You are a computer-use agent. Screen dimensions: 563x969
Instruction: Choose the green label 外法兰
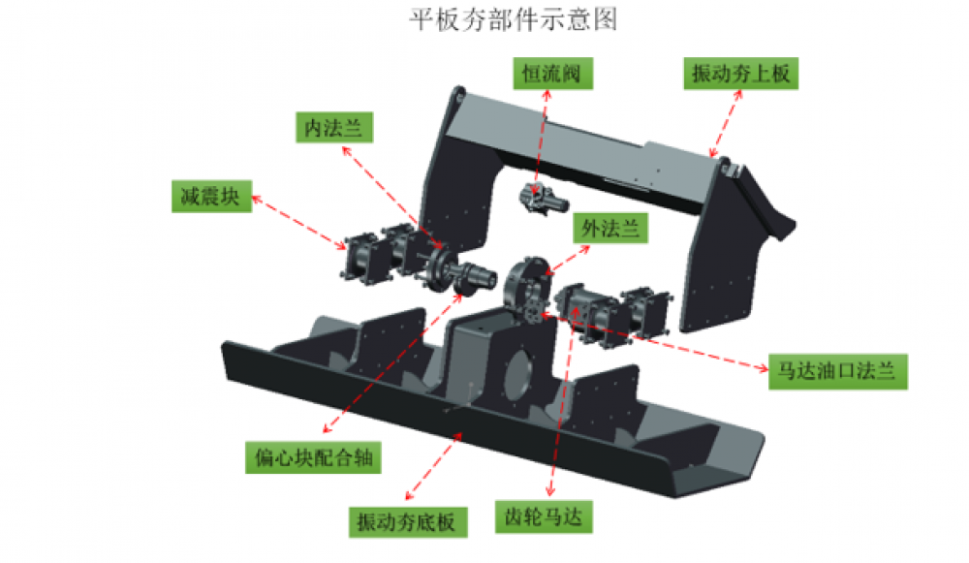tap(610, 229)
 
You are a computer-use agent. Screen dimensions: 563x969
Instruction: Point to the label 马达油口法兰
tap(837, 372)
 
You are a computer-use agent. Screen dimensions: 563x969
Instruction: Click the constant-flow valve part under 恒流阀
tap(543, 199)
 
